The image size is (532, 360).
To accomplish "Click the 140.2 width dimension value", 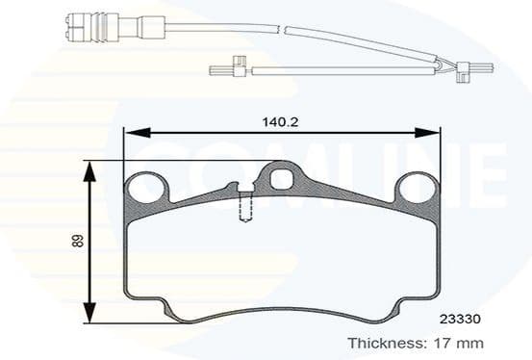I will (x=279, y=122).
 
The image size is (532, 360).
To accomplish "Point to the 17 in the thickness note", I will (x=440, y=342).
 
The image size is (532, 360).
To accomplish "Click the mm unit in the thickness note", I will (x=469, y=342).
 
